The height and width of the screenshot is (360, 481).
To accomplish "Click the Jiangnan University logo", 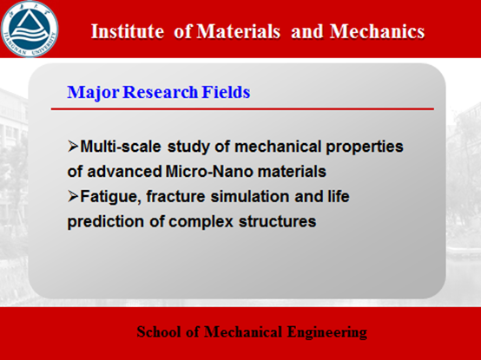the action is (30, 29).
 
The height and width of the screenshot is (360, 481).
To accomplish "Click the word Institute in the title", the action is (128, 31).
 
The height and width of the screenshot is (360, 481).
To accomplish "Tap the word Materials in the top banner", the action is (239, 31).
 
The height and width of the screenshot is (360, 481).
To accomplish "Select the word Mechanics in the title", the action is (378, 31).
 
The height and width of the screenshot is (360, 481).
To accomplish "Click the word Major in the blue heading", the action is (93, 92).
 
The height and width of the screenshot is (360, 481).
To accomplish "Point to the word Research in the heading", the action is (160, 92).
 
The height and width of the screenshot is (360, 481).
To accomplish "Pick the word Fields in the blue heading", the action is (226, 92).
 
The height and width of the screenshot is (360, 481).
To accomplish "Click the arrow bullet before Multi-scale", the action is (73, 146).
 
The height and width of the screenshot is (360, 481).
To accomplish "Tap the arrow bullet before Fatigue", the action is (73, 196).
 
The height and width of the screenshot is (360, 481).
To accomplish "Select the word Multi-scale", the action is (121, 147).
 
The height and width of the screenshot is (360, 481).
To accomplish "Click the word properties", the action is (365, 147).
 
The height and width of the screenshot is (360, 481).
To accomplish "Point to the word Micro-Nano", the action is (209, 171).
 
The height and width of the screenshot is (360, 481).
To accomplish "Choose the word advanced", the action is (124, 171).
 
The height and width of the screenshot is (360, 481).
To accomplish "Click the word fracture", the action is (175, 196).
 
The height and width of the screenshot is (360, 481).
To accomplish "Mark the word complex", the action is (201, 222).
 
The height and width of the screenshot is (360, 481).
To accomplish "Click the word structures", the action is (277, 221).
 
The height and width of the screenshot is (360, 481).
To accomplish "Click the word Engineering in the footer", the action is (327, 333).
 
